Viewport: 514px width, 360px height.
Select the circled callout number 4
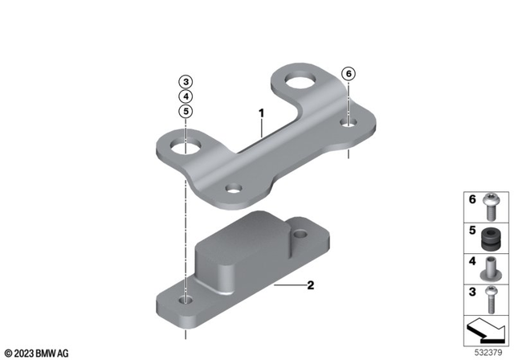pyautogui.click(x=186, y=96)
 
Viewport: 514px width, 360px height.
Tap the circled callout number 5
pyautogui.click(x=186, y=112)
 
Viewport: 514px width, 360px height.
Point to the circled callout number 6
pyautogui.click(x=348, y=73)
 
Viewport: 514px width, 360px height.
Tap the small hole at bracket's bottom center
pyautogui.click(x=234, y=190)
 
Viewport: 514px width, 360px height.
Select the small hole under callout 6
pyautogui.click(x=348, y=123)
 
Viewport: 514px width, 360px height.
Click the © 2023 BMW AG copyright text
pyautogui.click(x=36, y=352)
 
